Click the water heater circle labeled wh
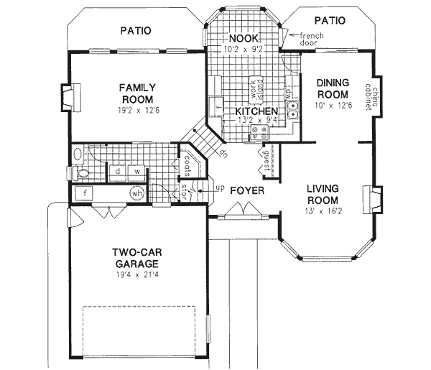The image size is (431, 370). click(136, 193)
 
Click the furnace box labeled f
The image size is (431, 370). click(85, 193)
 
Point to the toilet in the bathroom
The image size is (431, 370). click(80, 172)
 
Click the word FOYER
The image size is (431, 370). click(247, 191)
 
